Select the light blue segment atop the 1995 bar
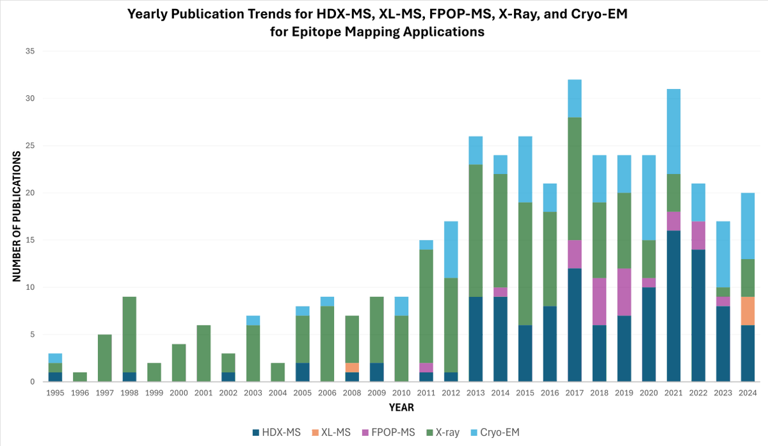click(x=56, y=358)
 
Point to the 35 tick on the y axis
click(x=29, y=51)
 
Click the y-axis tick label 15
click(x=29, y=240)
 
